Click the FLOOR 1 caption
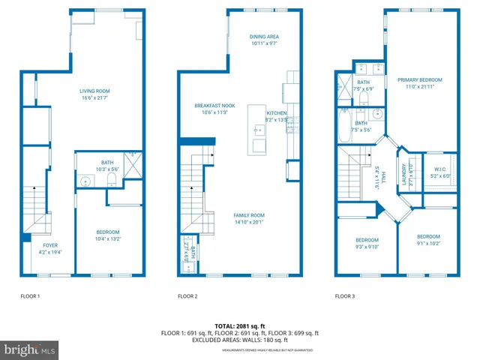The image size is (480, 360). [30, 296]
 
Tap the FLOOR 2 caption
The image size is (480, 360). [187, 296]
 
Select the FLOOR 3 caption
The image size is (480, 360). [345, 296]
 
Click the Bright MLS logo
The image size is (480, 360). [29, 349]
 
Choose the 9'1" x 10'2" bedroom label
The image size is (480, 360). [429, 239]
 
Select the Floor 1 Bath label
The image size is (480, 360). [107, 166]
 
